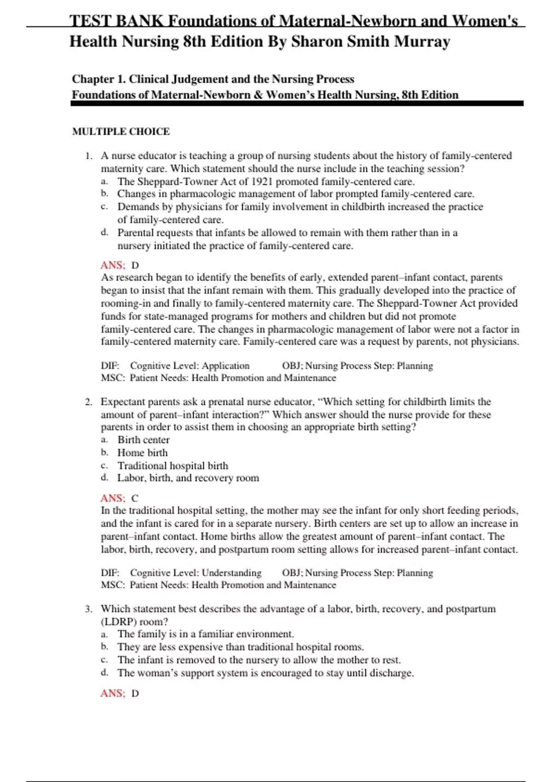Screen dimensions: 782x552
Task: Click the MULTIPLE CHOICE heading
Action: [121, 132]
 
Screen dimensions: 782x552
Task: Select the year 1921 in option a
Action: [262, 181]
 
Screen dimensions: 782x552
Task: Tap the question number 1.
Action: [89, 156]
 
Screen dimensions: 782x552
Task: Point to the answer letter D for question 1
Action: [135, 265]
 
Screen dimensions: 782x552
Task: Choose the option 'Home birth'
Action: [142, 453]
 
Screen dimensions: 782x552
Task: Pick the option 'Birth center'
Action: [144, 440]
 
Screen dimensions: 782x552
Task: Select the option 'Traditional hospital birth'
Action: [172, 466]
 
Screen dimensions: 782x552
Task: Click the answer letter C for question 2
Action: [135, 498]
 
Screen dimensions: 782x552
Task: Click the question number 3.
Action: [88, 609]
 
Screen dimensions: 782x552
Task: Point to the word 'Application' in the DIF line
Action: [225, 366]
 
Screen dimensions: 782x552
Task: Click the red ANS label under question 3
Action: [113, 693]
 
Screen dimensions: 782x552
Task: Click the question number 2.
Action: [88, 402]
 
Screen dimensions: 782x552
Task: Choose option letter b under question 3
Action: [104, 647]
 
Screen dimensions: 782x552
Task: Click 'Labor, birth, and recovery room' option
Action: [188, 478]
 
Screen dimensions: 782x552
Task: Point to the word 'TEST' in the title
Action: [90, 21]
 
